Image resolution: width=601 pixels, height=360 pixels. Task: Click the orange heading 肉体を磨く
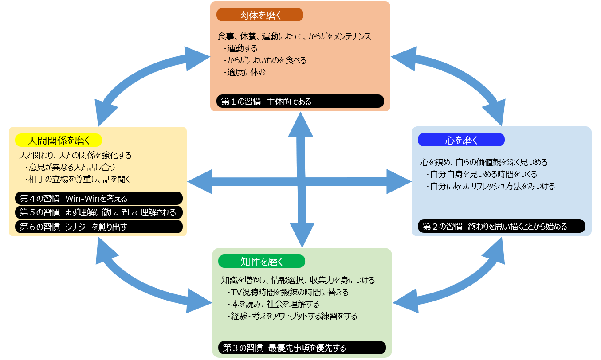click(x=259, y=15)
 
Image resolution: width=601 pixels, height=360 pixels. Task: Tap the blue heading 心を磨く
click(x=461, y=140)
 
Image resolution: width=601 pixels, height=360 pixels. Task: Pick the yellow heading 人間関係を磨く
click(x=59, y=141)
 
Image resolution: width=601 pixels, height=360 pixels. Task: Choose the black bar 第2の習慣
click(x=501, y=227)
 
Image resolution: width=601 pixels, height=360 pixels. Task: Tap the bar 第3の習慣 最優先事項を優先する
click(x=302, y=348)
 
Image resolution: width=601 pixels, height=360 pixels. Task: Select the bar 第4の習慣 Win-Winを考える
click(x=98, y=198)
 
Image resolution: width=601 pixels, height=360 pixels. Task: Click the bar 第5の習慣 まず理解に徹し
click(x=98, y=212)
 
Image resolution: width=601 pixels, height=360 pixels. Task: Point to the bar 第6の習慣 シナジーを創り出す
click(x=98, y=227)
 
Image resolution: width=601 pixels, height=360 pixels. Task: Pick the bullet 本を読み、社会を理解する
click(x=273, y=304)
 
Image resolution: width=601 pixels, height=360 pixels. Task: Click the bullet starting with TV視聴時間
click(x=287, y=292)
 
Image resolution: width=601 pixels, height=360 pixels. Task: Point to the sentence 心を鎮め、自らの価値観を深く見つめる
click(x=484, y=162)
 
